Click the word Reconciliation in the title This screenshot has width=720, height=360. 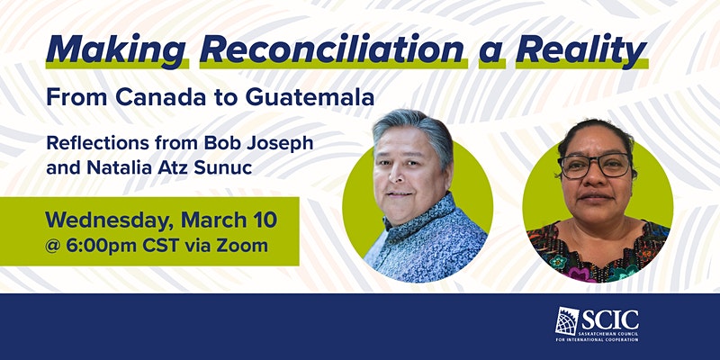click(331, 49)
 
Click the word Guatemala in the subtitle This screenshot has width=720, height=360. click(310, 97)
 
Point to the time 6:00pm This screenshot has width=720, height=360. click(102, 246)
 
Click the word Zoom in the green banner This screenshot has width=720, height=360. click(242, 246)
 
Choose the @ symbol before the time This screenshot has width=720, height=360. click(53, 247)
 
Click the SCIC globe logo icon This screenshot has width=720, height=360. click(567, 320)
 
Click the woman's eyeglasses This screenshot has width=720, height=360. click(595, 166)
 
